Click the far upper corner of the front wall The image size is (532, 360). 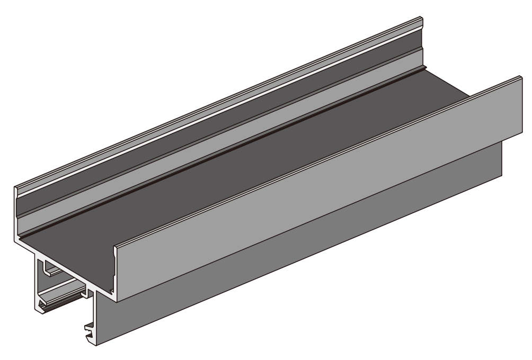click(522, 77)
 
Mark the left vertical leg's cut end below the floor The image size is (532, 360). click(37, 281)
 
